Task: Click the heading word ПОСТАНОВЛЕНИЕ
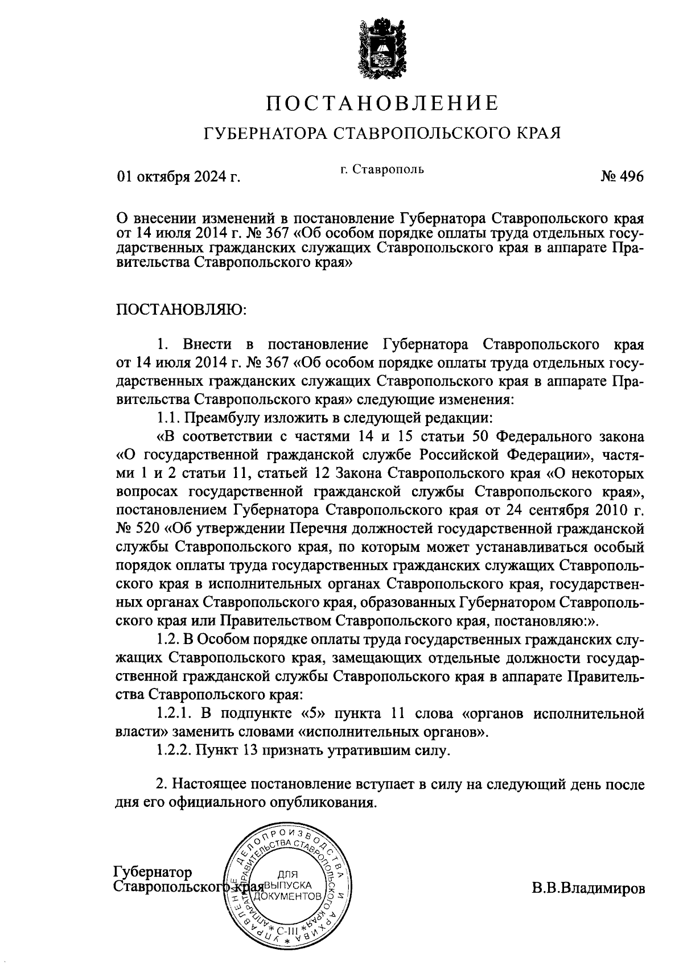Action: tap(383, 103)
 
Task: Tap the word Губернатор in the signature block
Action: tap(153, 872)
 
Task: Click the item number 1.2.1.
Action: tap(174, 714)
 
